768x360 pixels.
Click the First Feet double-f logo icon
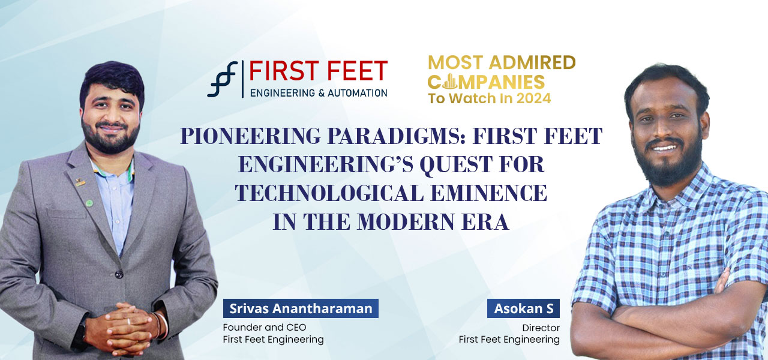coord(222,79)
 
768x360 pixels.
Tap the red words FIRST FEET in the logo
coord(318,71)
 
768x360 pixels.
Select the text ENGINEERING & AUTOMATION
coord(319,93)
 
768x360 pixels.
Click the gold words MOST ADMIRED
coord(502,62)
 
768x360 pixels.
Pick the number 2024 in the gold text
coord(534,98)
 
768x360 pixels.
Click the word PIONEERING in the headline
coord(250,136)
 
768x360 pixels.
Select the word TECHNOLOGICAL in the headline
coord(329,193)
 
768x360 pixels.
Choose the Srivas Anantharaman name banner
coord(301,308)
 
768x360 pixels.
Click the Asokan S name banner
coord(523,308)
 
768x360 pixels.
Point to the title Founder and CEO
coord(265,327)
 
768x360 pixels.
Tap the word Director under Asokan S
coord(541,328)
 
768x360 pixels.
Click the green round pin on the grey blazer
coord(89,203)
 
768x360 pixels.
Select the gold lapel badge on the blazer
coord(80,182)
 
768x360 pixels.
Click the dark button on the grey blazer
coord(119,274)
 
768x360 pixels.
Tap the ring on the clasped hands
coord(128,321)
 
